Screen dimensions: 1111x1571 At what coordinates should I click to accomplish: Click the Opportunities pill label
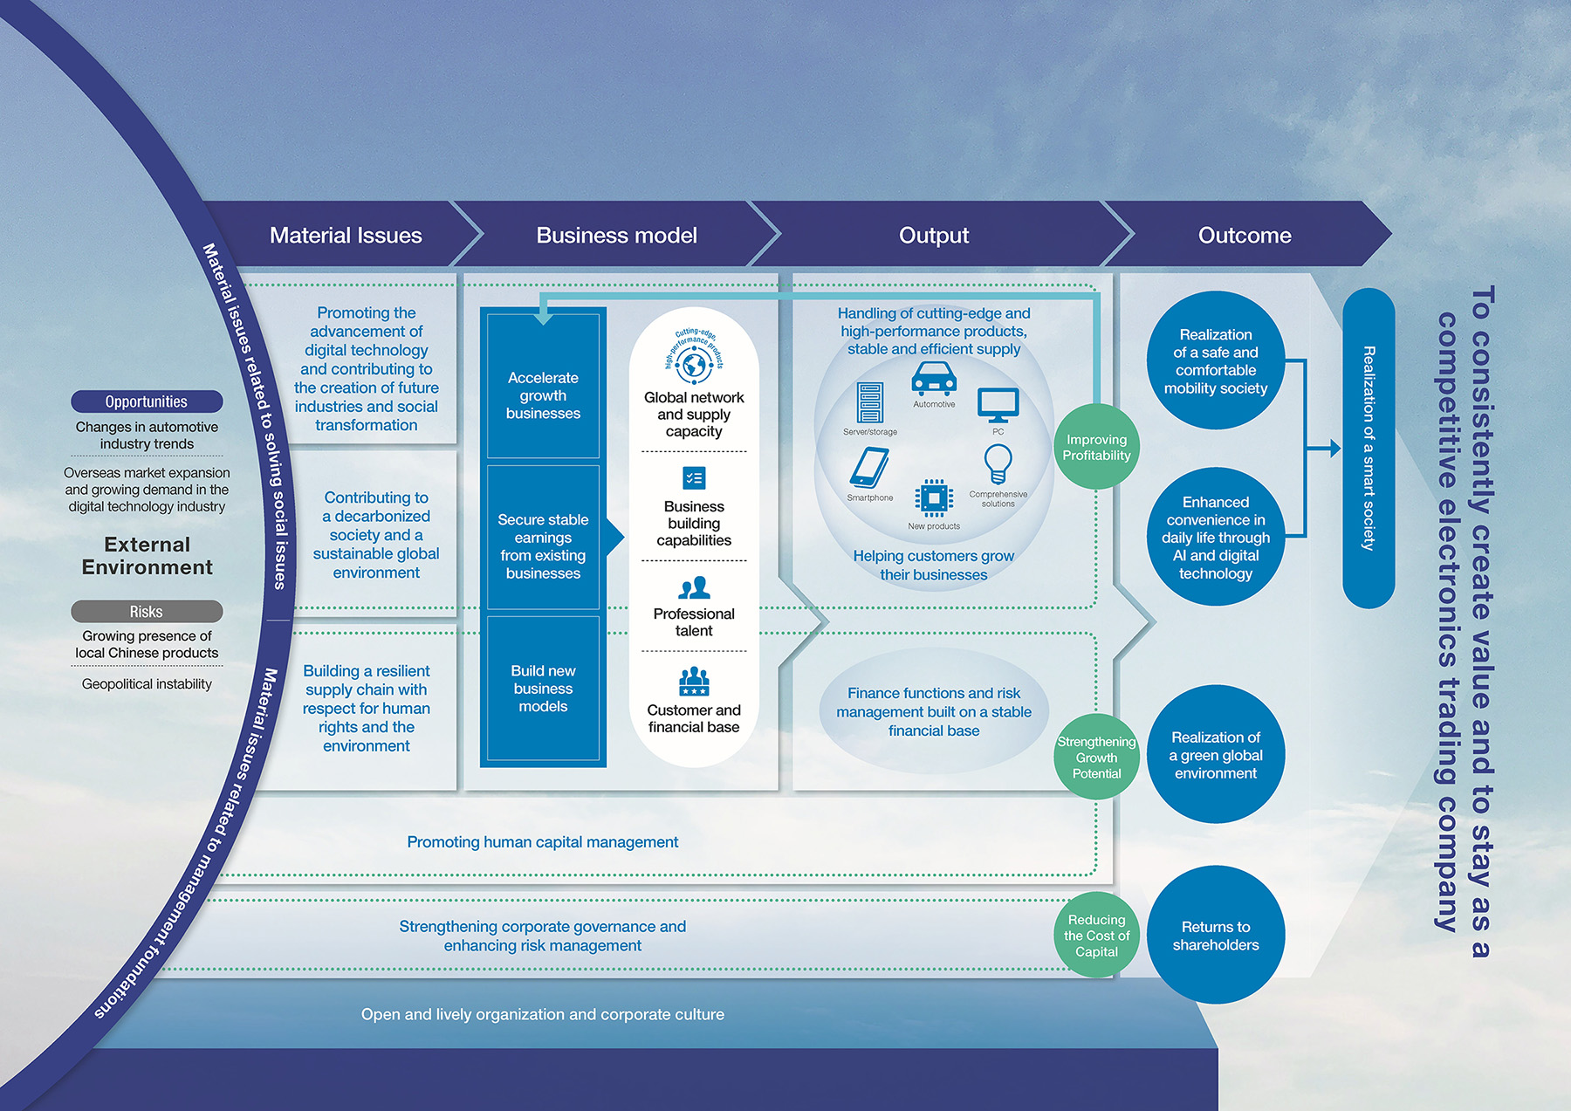147,401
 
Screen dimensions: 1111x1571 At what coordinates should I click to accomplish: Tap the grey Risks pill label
147,611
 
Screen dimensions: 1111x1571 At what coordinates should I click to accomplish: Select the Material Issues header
346,235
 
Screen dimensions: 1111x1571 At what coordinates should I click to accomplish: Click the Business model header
616,235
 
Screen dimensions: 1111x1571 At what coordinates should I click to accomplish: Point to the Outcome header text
1244,235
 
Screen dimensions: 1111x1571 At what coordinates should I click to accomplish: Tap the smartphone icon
869,468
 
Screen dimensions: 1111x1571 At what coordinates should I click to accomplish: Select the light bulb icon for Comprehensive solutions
998,463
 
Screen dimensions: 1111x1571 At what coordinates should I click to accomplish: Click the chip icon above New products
933,498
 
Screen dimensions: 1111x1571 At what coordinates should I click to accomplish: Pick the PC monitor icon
998,405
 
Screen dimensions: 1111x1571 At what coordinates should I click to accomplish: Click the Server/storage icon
869,403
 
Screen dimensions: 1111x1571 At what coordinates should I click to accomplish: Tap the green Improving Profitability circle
1096,447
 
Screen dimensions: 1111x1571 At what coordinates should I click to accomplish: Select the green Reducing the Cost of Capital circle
1096,936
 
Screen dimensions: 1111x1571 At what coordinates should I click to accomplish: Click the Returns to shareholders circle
1216,936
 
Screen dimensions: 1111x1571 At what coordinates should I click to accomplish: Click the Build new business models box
543,688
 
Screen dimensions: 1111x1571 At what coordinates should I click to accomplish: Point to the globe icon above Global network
694,363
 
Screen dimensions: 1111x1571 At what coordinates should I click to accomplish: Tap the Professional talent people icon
694,587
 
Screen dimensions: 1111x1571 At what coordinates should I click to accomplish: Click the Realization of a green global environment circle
1216,755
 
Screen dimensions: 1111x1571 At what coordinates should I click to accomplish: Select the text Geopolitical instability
147,684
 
